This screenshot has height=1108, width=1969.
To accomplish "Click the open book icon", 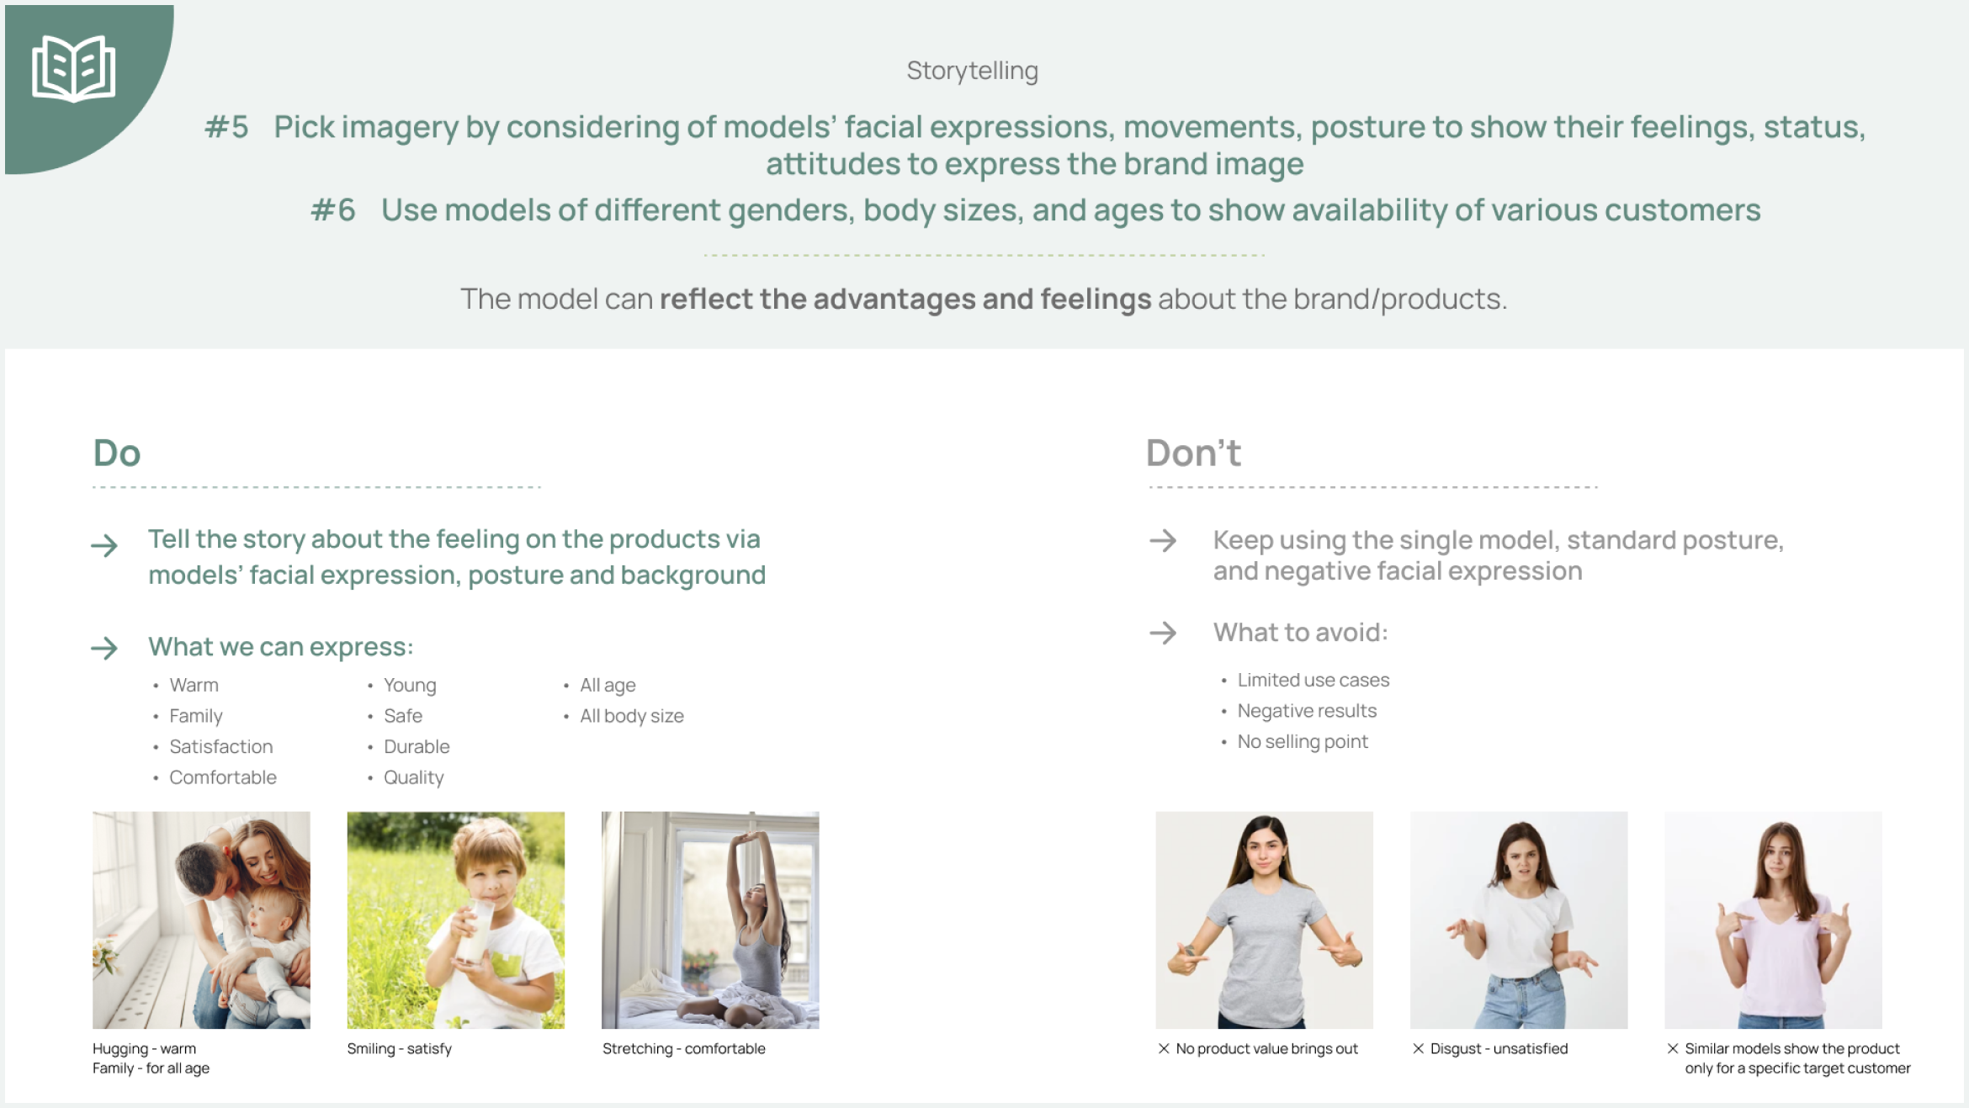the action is tap(73, 68).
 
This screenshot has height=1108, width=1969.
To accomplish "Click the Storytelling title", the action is tap(972, 71).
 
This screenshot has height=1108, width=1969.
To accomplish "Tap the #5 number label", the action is tap(226, 127).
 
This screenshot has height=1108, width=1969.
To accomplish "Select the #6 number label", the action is tap(333, 210).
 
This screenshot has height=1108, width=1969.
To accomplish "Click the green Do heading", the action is tap(117, 453).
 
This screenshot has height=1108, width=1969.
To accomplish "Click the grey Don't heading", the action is tap(1193, 453).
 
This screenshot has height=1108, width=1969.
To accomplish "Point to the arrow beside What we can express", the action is tap(104, 648).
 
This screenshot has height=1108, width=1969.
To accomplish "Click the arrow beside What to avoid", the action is tap(1163, 633).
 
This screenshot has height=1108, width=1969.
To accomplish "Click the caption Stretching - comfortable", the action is tap(684, 1049).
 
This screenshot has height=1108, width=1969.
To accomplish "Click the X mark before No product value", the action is tap(1164, 1048).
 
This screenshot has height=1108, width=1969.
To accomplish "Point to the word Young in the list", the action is tap(410, 686).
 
